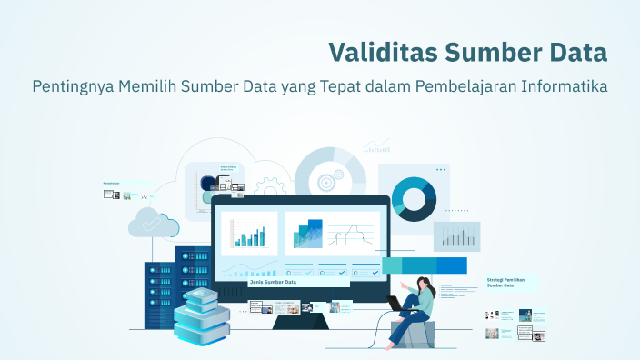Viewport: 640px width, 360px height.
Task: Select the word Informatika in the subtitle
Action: (x=564, y=87)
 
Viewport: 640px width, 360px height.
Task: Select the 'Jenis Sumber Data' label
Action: (x=273, y=282)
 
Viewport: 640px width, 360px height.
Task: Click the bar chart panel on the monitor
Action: (x=249, y=233)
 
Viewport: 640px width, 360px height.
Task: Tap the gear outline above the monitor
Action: (x=270, y=189)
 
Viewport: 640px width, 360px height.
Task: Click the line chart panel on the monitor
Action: (x=352, y=234)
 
